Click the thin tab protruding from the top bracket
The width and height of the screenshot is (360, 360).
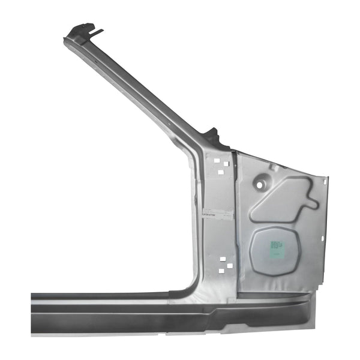coord(97,31)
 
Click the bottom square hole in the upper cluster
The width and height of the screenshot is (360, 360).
coord(221,172)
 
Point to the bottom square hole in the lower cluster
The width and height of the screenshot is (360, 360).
coord(221,271)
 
